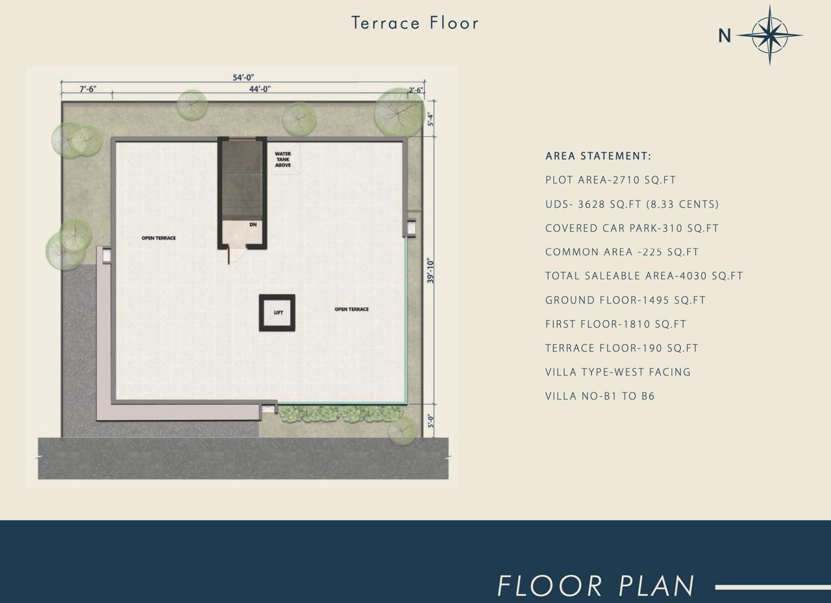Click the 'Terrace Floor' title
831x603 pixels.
click(x=415, y=23)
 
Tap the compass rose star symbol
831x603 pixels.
click(x=770, y=36)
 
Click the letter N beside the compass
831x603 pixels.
click(x=725, y=36)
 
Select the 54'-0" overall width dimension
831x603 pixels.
click(x=243, y=77)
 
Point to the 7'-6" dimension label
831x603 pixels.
click(x=88, y=89)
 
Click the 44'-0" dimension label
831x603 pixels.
click(x=260, y=89)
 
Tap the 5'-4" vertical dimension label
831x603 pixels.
click(x=430, y=119)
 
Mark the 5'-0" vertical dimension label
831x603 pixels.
click(x=430, y=421)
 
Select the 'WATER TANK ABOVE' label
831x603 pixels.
click(x=283, y=160)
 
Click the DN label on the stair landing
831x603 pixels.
click(x=253, y=225)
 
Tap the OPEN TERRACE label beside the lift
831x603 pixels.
click(x=352, y=309)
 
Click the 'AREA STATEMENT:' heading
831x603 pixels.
click(x=598, y=156)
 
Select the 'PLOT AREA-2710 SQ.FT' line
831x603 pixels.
click(x=611, y=180)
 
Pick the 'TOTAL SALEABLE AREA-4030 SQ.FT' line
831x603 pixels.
click(x=644, y=276)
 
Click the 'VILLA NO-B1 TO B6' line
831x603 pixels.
click(x=600, y=396)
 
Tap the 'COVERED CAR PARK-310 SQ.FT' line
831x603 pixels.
click(x=632, y=228)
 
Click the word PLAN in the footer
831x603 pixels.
click(x=656, y=586)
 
